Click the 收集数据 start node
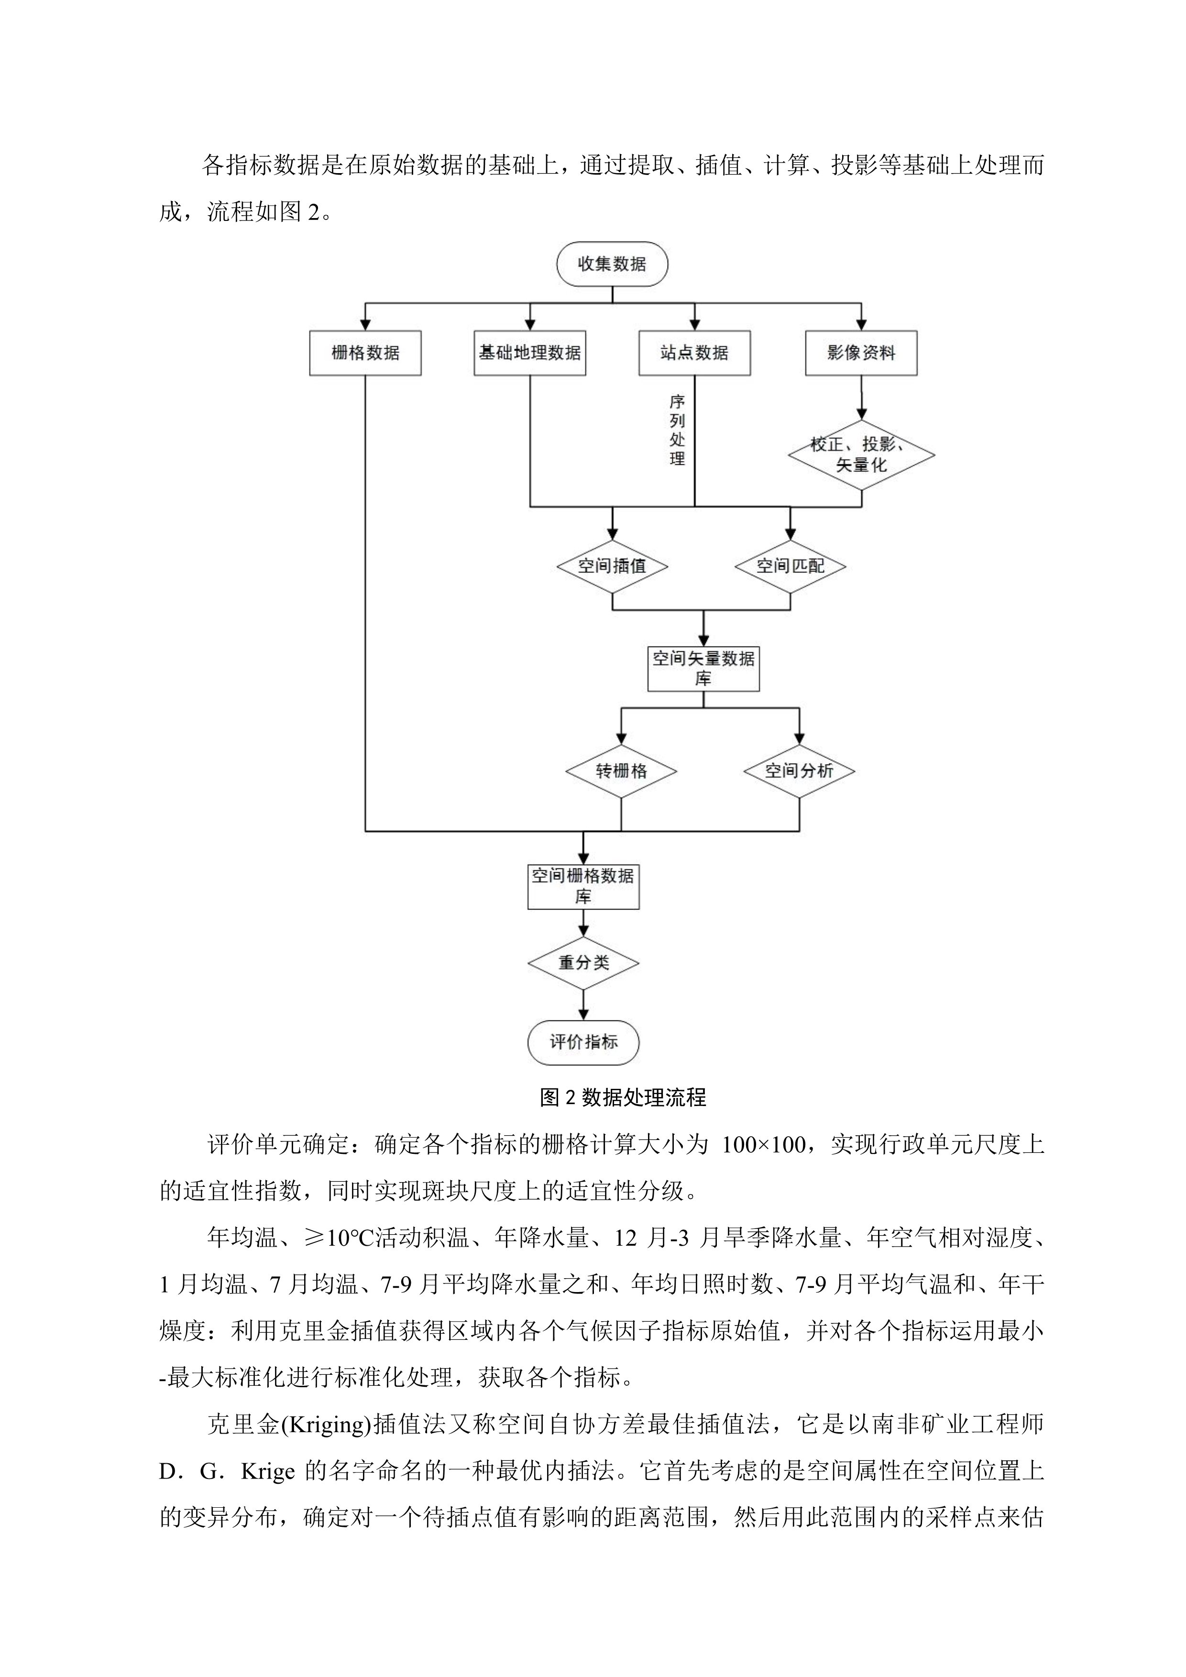(612, 263)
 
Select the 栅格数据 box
(365, 353)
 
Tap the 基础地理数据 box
(529, 353)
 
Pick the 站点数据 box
(694, 353)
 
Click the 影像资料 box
(861, 353)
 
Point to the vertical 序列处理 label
(677, 430)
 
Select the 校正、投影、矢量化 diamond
(861, 454)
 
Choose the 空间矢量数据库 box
(703, 669)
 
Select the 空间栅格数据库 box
(583, 886)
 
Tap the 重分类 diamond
(583, 963)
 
